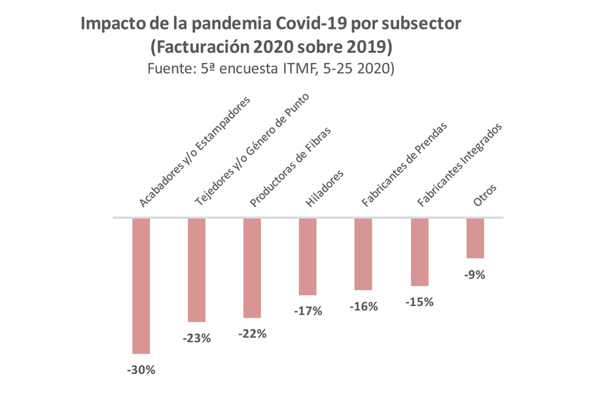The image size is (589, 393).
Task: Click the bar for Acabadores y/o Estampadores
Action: (141, 286)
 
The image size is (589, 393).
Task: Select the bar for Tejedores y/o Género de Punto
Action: (196, 270)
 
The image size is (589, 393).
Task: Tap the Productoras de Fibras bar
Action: (252, 268)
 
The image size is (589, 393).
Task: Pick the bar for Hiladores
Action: (308, 256)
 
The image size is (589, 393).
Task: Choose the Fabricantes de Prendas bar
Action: (363, 253)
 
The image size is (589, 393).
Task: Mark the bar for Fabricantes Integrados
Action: (419, 252)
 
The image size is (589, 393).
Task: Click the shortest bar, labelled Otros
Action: (474, 238)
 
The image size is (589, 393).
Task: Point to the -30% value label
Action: (141, 370)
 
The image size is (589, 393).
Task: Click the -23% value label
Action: (196, 339)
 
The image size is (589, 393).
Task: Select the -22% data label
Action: (252, 334)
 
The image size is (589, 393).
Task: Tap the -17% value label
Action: (308, 311)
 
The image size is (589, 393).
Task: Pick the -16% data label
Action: (363, 306)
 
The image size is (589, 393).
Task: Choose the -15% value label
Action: (419, 302)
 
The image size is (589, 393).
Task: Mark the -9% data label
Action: (474, 275)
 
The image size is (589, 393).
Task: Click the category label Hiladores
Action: (325, 189)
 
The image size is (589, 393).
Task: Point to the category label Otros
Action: (485, 196)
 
